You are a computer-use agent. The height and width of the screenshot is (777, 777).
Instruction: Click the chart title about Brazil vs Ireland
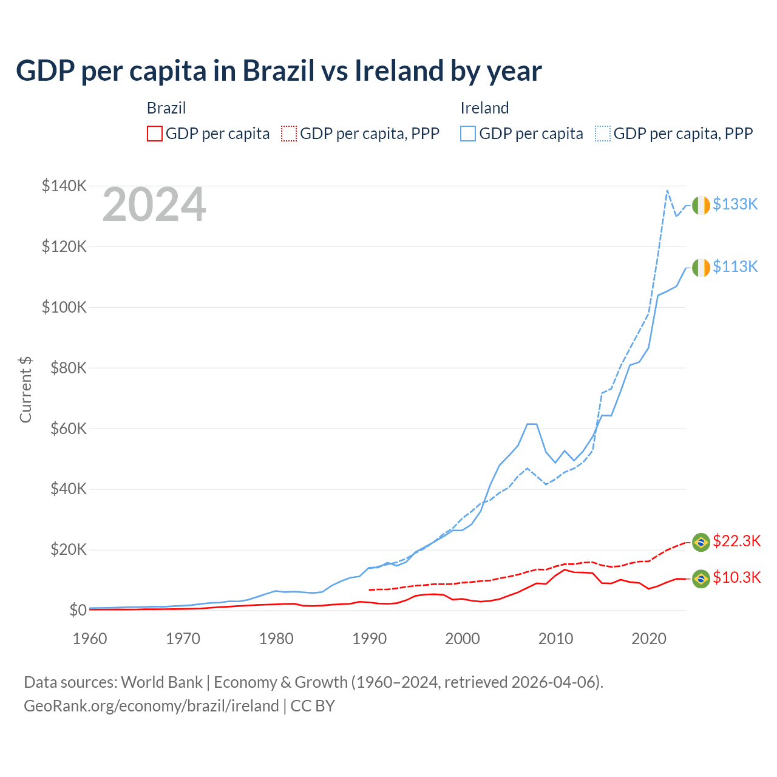pos(279,71)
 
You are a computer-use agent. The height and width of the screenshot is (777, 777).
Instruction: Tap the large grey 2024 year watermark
pos(154,205)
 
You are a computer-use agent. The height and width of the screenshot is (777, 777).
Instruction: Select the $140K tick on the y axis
pos(64,186)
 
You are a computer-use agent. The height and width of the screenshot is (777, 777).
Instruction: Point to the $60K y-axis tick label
pos(67,429)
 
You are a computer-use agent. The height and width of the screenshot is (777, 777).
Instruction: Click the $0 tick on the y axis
pos(78,610)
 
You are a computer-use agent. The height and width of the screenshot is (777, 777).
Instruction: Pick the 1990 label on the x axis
pos(369,639)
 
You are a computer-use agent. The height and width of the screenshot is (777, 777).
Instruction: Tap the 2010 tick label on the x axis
pos(555,639)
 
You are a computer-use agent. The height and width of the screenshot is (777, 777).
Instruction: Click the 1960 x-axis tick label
pos(90,639)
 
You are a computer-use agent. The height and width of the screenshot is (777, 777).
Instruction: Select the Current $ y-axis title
pos(25,390)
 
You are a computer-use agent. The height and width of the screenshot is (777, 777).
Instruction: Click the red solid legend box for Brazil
pos(155,134)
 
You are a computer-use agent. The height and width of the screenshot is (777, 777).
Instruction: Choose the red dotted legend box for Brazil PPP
pos(289,134)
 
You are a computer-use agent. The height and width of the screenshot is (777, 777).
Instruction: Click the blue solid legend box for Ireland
pos(468,134)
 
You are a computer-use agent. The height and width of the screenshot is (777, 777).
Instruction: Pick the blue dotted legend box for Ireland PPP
pos(603,134)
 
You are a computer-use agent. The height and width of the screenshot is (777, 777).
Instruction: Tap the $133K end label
pos(735,205)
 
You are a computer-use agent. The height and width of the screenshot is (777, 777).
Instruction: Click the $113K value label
pos(735,267)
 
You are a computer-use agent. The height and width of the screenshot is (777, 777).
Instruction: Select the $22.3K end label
pos(736,541)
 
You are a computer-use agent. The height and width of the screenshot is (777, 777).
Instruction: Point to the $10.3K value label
pos(736,578)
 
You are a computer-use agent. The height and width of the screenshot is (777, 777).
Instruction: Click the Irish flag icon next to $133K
pos(701,205)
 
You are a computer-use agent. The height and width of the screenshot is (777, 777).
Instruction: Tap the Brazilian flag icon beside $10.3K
pos(701,579)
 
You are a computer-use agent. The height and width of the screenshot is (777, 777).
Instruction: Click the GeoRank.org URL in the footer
pos(151,706)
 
